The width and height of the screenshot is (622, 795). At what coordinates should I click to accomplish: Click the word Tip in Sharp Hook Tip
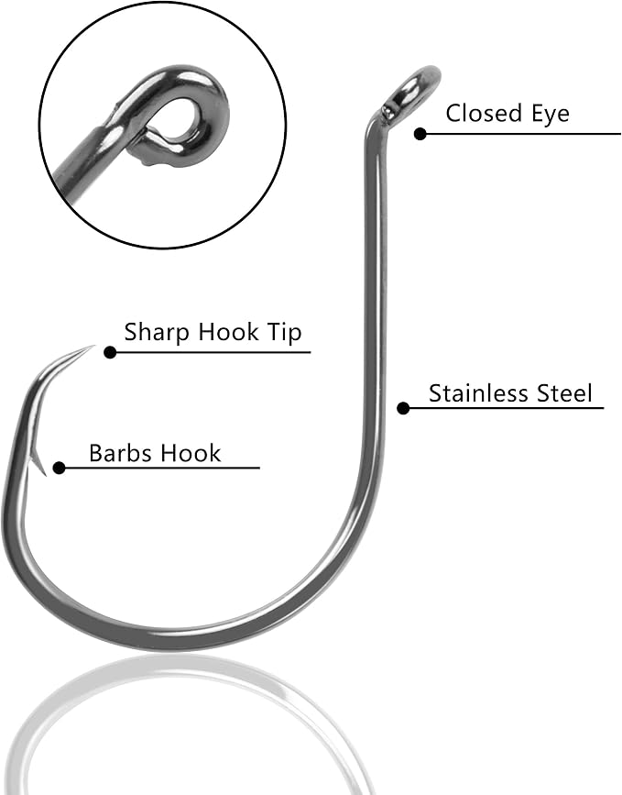(284, 334)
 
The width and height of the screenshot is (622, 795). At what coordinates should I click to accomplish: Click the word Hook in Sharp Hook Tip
(227, 333)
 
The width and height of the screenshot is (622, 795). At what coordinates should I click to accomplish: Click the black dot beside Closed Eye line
(420, 134)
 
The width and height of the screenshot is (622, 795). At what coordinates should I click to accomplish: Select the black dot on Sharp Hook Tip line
(110, 352)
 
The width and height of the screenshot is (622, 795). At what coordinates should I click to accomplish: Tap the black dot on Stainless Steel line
(403, 408)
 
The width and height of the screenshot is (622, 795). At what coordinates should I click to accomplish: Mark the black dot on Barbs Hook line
(59, 468)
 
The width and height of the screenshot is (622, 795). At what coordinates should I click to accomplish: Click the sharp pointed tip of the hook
(94, 346)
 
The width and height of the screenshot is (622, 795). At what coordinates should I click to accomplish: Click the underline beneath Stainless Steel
(507, 408)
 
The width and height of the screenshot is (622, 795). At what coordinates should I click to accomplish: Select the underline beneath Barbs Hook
(162, 468)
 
